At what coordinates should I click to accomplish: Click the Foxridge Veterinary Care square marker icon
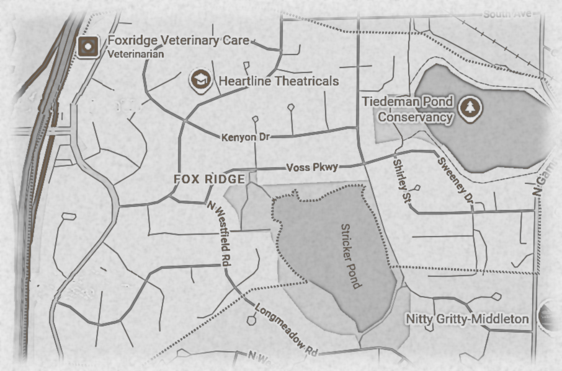click(89, 46)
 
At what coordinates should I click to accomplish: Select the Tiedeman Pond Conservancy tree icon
click(469, 109)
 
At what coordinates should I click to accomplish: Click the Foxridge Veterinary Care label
click(178, 41)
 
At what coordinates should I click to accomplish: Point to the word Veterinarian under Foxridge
click(136, 55)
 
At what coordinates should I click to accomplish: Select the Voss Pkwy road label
click(313, 167)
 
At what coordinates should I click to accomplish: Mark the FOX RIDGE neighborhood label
click(209, 179)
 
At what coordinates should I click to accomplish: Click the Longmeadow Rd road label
click(286, 328)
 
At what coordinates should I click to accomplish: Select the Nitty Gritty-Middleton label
click(467, 318)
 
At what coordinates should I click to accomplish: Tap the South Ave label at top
click(507, 14)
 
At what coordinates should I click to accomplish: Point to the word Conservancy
click(416, 116)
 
